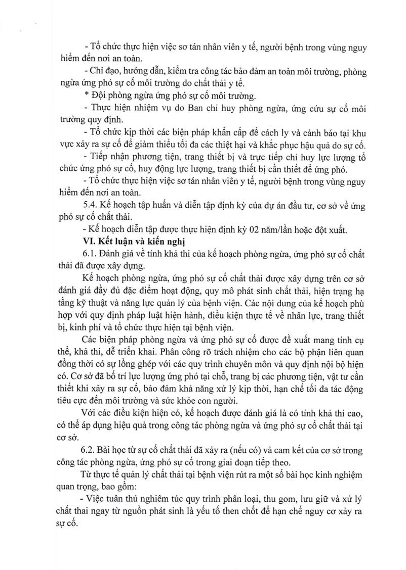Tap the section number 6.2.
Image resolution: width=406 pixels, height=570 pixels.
point(90,450)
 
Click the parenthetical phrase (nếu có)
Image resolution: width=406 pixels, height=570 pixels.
point(258,450)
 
